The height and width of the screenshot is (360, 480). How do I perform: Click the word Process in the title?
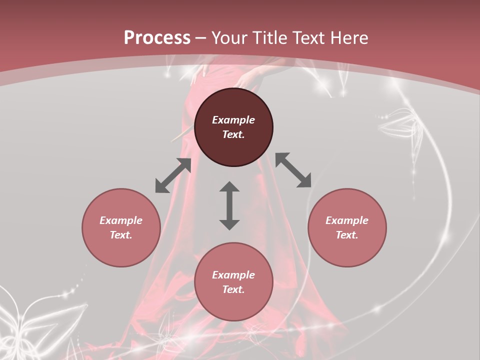[157, 38]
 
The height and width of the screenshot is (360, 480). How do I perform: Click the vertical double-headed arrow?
[229, 205]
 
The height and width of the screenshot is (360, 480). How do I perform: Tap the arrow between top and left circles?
[173, 175]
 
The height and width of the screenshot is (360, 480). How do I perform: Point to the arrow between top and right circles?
[293, 170]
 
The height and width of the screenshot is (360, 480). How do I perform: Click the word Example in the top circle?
[233, 120]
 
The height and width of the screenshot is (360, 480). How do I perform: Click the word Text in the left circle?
[121, 235]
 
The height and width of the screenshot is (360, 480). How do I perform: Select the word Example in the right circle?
[347, 220]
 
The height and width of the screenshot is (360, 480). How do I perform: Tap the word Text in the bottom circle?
[233, 289]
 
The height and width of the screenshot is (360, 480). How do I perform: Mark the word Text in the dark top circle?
[233, 134]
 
